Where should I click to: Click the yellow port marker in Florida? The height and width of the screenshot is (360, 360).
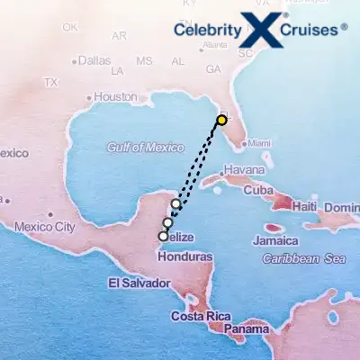point(221,120)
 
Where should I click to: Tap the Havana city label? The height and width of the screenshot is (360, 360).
point(244,170)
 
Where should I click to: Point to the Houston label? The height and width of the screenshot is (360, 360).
point(115,97)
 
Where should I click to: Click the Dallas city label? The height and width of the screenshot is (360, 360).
point(94,61)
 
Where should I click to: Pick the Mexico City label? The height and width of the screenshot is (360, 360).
point(44,227)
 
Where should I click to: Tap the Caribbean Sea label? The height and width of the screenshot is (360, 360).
point(304,258)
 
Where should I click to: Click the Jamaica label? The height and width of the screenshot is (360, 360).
point(275,241)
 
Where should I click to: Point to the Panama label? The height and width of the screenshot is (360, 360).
point(246,330)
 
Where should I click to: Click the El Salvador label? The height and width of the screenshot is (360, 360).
point(139,283)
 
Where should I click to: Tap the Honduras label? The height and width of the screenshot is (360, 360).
point(184,256)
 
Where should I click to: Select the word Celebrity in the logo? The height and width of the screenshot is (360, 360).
point(208,31)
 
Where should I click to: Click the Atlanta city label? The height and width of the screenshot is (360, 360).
point(215,44)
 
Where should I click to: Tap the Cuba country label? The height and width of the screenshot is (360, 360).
point(258,190)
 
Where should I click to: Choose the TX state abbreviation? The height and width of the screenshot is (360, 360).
point(51,82)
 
